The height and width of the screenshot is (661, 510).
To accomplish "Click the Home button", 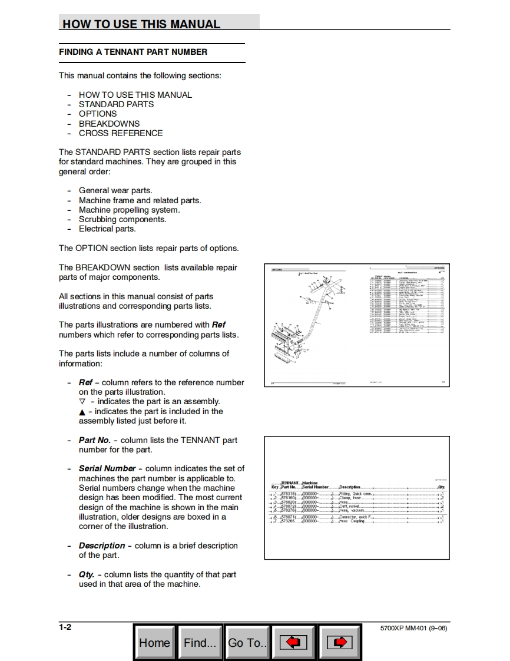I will (154, 642).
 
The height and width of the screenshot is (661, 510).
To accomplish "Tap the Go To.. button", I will (247, 642).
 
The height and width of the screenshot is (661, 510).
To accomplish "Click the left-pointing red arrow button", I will (293, 642).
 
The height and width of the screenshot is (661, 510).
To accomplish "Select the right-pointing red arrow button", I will (339, 642).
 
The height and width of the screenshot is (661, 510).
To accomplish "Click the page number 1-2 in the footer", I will (65, 627).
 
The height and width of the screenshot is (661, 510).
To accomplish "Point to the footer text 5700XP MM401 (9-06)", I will (414, 628).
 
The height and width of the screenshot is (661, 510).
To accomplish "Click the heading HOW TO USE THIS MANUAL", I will (141, 24).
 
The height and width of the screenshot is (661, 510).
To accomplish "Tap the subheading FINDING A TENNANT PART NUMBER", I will (133, 52).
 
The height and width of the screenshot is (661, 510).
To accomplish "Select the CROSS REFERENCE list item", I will (121, 133).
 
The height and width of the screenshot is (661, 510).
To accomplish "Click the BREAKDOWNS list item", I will (109, 124).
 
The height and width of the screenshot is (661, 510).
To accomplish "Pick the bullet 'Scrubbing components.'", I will (122, 219).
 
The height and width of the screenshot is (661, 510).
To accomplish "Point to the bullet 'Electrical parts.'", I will (107, 229).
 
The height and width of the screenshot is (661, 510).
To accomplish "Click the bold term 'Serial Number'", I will (107, 468).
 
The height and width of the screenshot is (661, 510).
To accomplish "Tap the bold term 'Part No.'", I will (94, 440).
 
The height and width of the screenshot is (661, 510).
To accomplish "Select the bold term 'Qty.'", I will (87, 574).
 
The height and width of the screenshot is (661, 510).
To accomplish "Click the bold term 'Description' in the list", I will (102, 546).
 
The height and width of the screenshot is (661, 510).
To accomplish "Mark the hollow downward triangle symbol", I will (82, 402).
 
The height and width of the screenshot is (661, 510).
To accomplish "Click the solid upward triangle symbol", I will (82, 412).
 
